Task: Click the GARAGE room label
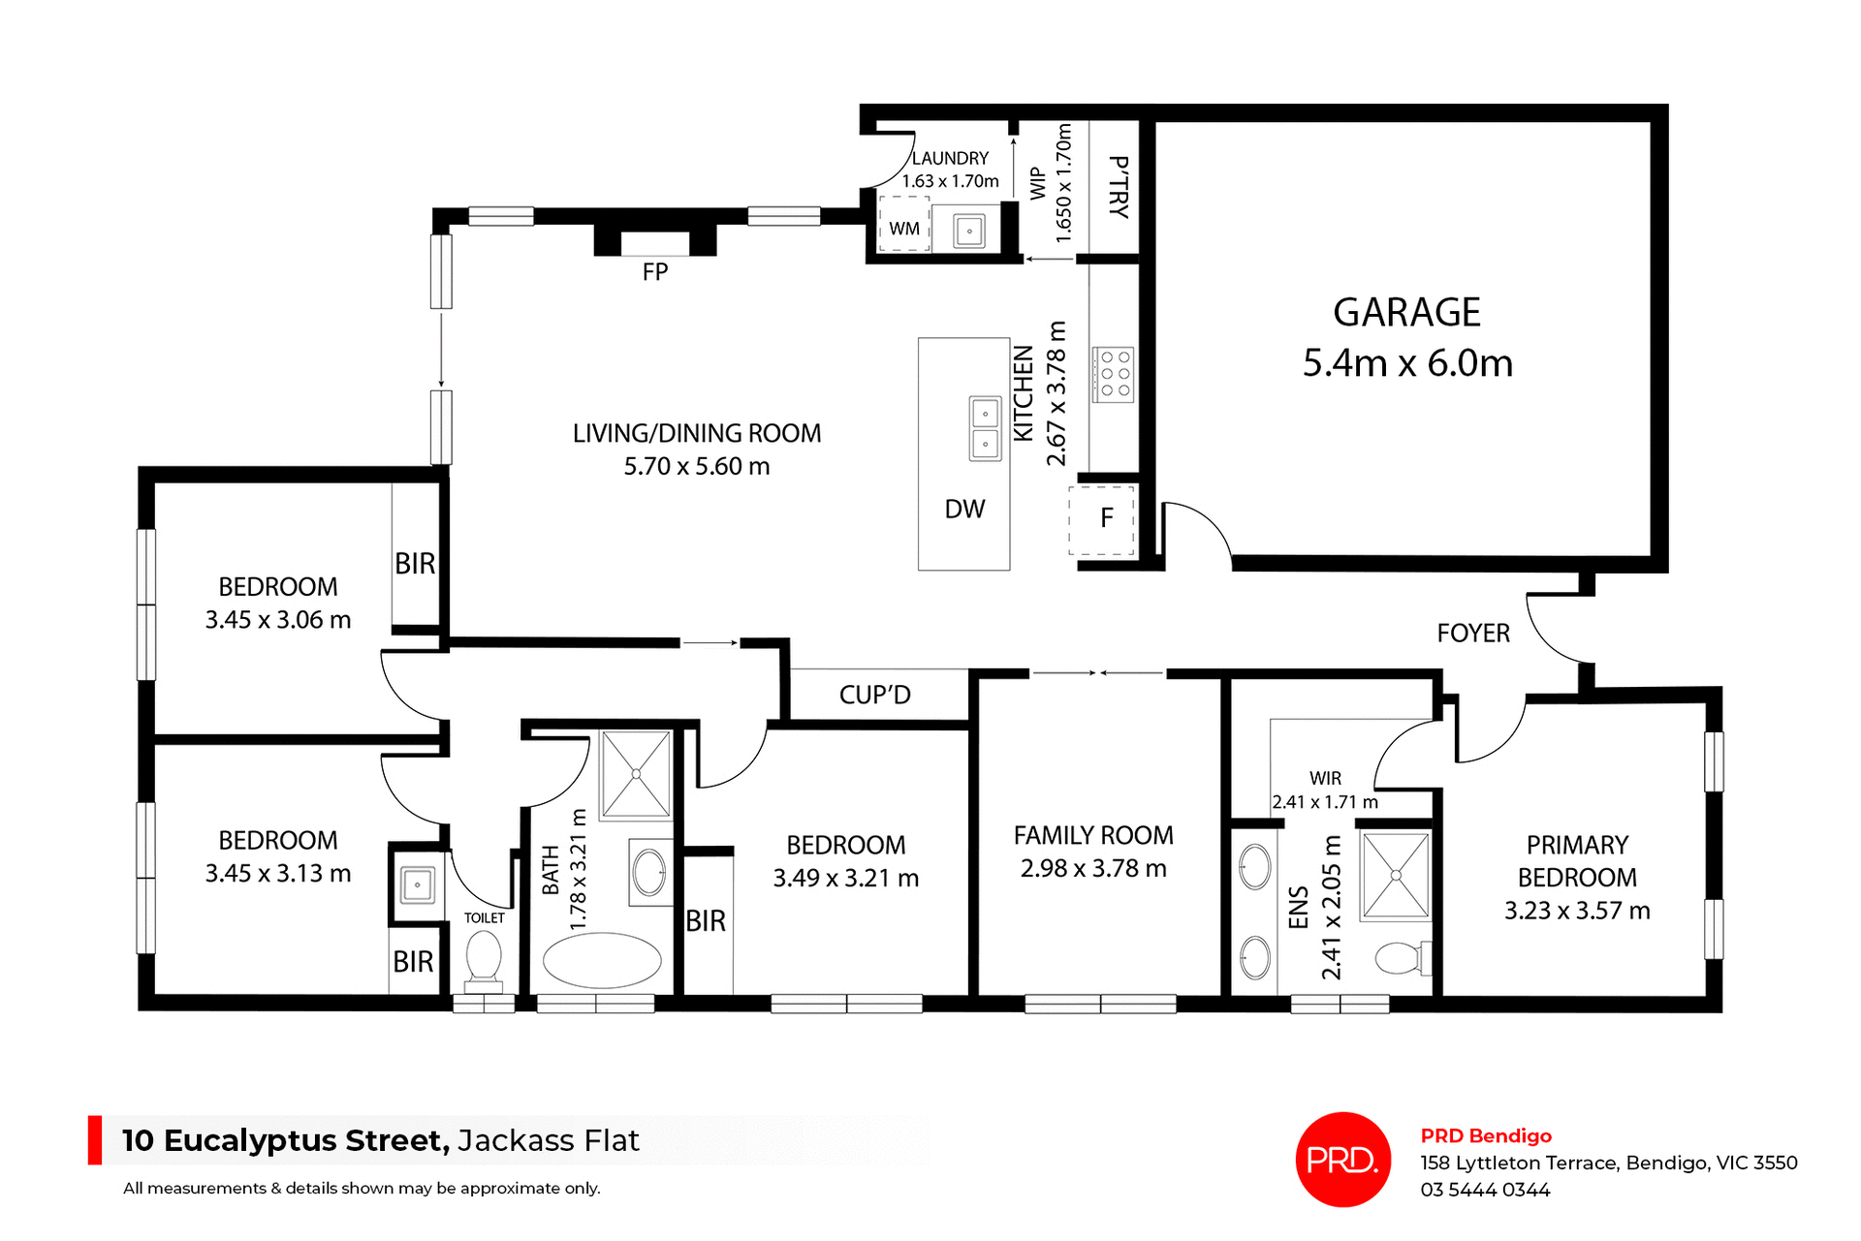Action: point(1406,313)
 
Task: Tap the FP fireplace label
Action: point(655,272)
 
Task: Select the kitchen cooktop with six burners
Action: point(1114,374)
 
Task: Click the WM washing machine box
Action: point(904,226)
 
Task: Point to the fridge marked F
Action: point(1103,519)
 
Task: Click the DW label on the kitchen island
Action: point(964,510)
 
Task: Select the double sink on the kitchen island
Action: point(985,428)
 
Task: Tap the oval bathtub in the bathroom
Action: point(602,960)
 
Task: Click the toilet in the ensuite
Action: point(1401,958)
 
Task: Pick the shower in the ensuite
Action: point(1396,875)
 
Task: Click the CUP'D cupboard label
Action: point(875,695)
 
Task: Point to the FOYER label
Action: point(1473,634)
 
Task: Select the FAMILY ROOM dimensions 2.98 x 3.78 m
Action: point(1093,868)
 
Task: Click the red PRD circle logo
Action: point(1342,1159)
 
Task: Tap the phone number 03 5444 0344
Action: point(1485,1190)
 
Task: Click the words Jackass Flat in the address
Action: point(549,1140)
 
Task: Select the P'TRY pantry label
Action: point(1118,187)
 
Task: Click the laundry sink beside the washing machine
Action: point(969,231)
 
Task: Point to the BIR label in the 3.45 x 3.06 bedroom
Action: point(415,564)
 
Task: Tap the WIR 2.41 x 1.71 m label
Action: point(1325,791)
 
